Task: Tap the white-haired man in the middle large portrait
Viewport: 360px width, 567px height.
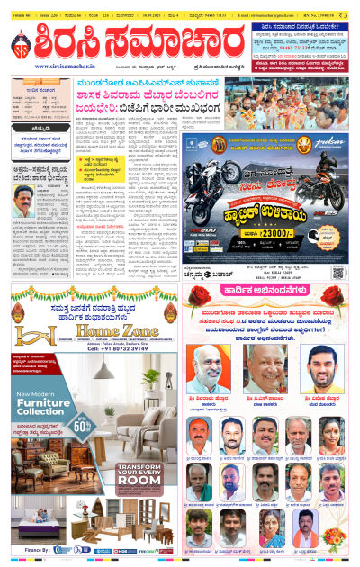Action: [x=266, y=369]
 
